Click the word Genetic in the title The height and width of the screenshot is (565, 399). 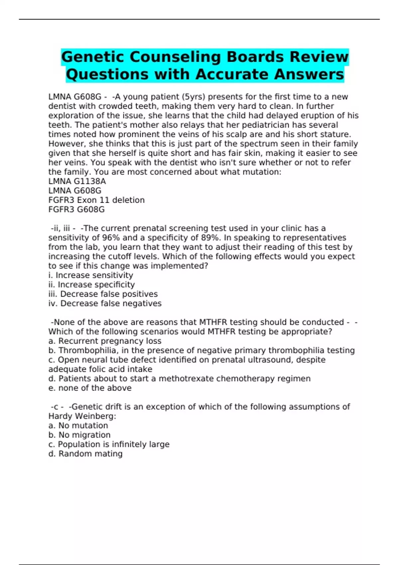93,57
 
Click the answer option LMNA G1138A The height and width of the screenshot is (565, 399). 77,181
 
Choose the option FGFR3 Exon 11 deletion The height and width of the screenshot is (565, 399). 96,200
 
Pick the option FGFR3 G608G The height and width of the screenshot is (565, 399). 76,209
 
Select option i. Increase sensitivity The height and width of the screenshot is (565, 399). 91,275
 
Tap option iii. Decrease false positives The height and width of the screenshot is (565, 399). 103,294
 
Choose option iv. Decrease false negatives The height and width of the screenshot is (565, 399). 105,303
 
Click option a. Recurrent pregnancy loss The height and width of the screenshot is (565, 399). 105,341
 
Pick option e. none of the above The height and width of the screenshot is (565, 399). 90,388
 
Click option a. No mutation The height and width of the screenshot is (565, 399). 78,425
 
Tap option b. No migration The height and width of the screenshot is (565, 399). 79,435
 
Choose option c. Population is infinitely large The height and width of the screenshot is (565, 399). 109,444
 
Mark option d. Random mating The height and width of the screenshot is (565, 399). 85,454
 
